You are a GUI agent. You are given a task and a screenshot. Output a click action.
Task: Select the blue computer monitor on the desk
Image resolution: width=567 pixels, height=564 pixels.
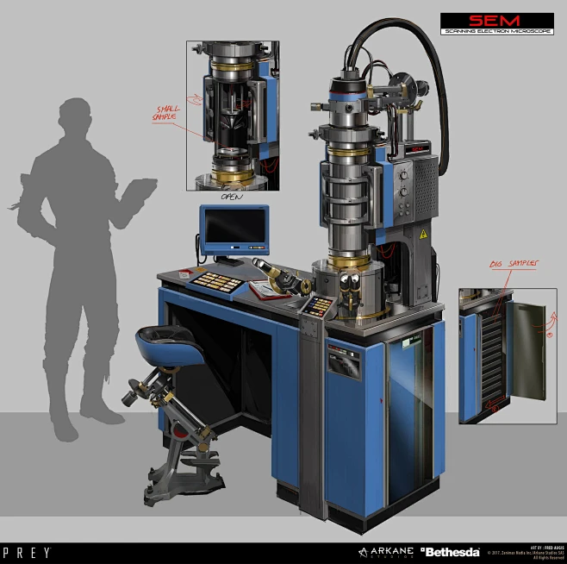pyautogui.click(x=234, y=229)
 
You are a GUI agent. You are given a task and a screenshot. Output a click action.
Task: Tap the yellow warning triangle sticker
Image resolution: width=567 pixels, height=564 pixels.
pyautogui.click(x=422, y=235)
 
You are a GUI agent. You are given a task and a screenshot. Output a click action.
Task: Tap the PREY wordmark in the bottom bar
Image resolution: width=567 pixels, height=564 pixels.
pyautogui.click(x=26, y=552)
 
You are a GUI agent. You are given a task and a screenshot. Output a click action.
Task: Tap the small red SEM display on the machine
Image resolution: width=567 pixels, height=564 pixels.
pyautogui.click(x=416, y=149)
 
